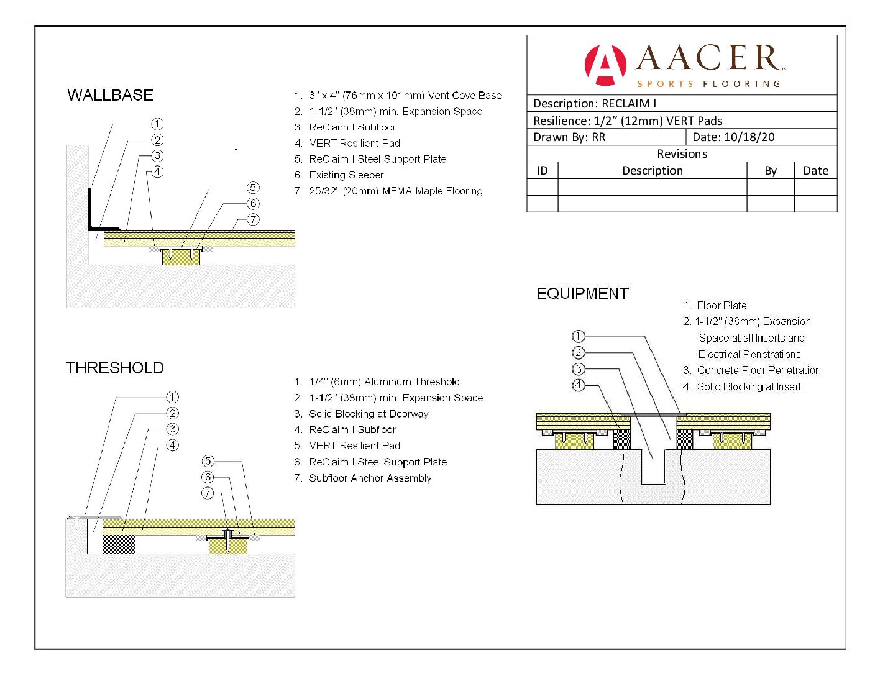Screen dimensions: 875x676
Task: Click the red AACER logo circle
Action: (605, 65)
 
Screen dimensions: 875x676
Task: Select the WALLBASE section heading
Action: (111, 95)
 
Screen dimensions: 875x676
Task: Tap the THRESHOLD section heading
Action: (115, 368)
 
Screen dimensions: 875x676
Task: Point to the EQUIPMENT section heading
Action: (582, 293)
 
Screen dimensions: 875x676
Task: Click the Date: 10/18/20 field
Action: (733, 137)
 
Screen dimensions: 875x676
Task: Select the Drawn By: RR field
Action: (569, 137)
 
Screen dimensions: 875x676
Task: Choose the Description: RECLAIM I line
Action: (595, 104)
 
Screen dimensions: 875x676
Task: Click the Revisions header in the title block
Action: (682, 154)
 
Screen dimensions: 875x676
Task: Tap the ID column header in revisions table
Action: (542, 171)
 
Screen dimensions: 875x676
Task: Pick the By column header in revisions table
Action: (771, 171)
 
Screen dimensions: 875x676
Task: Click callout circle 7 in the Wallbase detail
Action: (253, 219)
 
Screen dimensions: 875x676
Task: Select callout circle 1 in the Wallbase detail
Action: (157, 124)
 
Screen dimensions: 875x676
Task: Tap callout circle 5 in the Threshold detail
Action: (208, 461)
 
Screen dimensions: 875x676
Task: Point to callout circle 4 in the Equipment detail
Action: (578, 385)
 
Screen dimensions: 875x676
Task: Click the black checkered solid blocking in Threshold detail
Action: (119, 544)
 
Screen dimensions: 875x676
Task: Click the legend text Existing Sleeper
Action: (346, 175)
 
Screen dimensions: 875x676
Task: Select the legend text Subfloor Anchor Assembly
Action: (370, 478)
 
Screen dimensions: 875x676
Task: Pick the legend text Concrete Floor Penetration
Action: (759, 370)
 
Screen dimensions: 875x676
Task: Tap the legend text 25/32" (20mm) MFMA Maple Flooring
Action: (396, 191)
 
